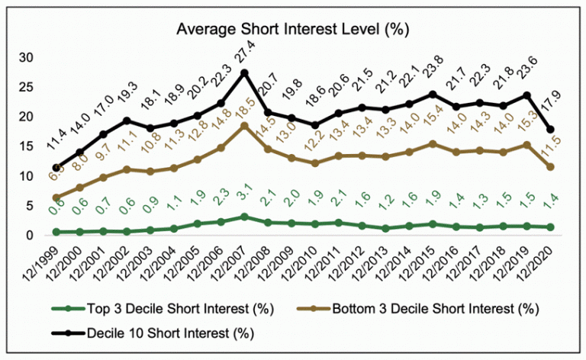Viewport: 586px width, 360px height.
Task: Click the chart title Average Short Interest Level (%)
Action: click(x=293, y=30)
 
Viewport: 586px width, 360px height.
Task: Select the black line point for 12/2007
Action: click(x=244, y=72)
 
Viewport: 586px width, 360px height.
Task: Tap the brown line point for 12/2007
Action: click(x=244, y=125)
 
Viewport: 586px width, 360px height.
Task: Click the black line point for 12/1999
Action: click(x=56, y=168)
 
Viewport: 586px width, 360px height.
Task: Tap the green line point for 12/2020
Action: click(x=551, y=227)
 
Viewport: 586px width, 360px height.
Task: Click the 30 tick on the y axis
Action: click(x=27, y=57)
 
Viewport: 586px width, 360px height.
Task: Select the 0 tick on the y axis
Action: click(x=31, y=236)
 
